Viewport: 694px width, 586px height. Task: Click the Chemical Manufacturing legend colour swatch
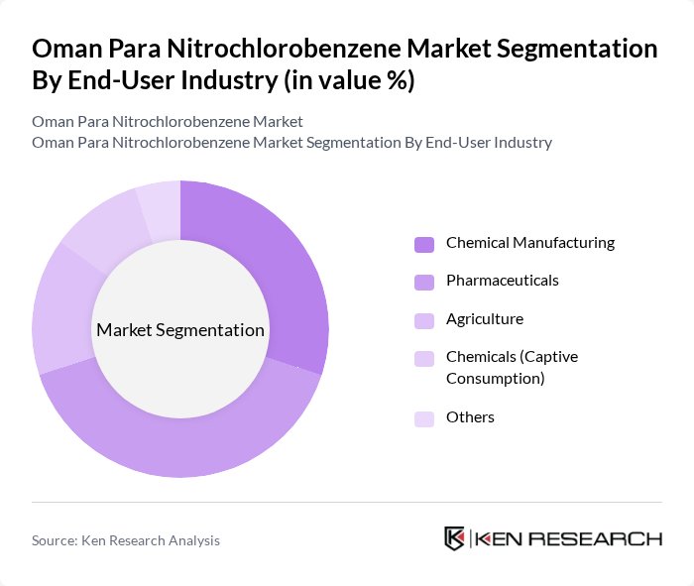pyautogui.click(x=424, y=244)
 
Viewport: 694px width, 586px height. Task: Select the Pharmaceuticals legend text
pyautogui.click(x=502, y=281)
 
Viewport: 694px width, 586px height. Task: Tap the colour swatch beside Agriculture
pyautogui.click(x=424, y=320)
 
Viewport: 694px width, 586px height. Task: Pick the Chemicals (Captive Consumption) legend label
pyautogui.click(x=512, y=367)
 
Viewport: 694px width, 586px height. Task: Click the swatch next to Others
pyautogui.click(x=424, y=418)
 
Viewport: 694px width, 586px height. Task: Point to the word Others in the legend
pyautogui.click(x=470, y=417)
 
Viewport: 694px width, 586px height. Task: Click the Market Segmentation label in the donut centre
pyautogui.click(x=180, y=330)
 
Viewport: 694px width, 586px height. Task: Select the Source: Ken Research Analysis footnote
pyautogui.click(x=126, y=540)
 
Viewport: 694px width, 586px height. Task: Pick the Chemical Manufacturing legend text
pyautogui.click(x=530, y=243)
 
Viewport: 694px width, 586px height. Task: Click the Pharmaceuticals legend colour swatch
pyautogui.click(x=424, y=283)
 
